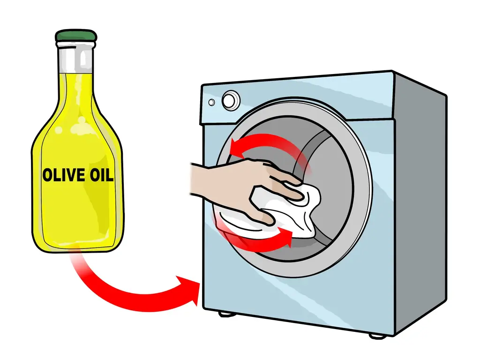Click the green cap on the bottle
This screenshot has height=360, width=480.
pos(76,36)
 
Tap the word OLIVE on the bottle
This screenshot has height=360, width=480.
pos(64,175)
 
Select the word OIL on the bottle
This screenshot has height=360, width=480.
pos(102,175)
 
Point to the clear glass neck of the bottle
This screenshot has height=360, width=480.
pos(76,58)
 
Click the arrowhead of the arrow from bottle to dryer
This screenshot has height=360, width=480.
pos(188,289)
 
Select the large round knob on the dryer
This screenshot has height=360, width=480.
pos(231,100)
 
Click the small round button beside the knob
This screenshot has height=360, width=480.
pos(211,102)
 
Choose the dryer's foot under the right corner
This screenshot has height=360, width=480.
pos(378,336)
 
